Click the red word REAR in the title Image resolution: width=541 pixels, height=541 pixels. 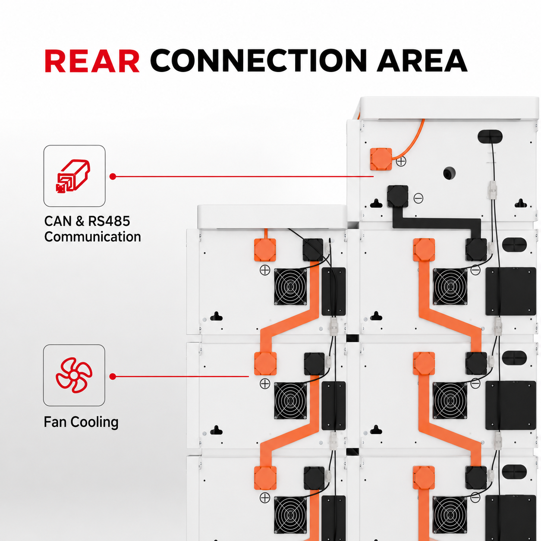(x=92, y=61)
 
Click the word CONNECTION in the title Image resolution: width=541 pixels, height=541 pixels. (x=258, y=61)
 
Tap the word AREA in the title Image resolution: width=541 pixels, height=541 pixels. (x=421, y=61)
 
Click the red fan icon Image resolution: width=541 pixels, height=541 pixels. (x=74, y=375)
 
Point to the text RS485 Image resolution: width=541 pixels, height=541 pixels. (x=109, y=221)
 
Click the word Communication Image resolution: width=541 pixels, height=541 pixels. (x=92, y=237)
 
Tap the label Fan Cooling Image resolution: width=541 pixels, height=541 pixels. (x=81, y=422)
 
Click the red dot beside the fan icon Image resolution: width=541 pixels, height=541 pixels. (x=113, y=377)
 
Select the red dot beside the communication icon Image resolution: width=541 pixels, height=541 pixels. (x=113, y=176)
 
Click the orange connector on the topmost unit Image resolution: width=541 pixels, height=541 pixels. (x=381, y=159)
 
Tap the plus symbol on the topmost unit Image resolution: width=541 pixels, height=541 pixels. (x=401, y=161)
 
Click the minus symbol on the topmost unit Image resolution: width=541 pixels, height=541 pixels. (x=418, y=198)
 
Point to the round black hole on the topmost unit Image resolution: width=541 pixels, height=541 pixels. (x=449, y=173)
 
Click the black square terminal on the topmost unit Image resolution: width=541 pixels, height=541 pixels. (x=397, y=196)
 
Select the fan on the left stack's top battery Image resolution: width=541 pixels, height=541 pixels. (x=290, y=286)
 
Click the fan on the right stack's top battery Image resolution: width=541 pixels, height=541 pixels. (x=450, y=286)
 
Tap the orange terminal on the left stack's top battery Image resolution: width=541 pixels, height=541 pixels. (x=265, y=250)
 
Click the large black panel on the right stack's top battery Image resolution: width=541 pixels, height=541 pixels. (x=511, y=291)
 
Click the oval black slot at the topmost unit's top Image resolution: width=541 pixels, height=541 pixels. (x=490, y=136)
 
